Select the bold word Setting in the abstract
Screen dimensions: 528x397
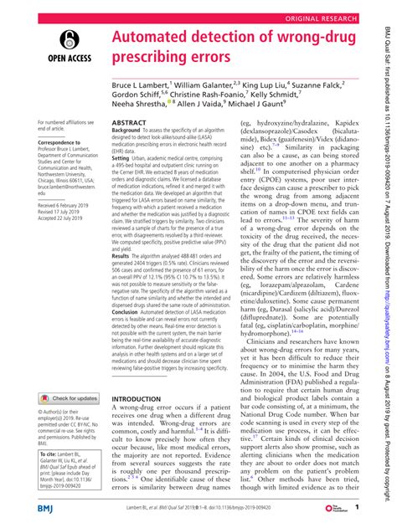pyautogui.click(x=125, y=181)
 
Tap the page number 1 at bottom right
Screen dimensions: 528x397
pyautogui.click(x=356, y=507)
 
